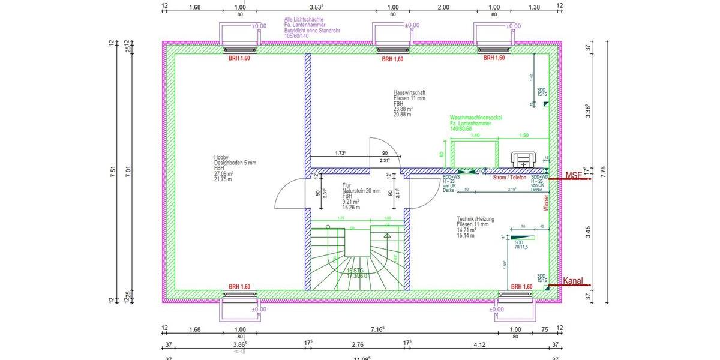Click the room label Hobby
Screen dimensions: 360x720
[221, 157]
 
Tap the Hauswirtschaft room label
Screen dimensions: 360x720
[410, 92]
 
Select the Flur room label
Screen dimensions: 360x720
[347, 185]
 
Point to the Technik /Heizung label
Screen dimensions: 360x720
[475, 220]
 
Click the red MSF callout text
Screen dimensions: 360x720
[574, 175]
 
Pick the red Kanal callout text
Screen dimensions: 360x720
[573, 281]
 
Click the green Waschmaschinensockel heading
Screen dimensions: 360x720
[476, 118]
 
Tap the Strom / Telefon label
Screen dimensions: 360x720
[509, 178]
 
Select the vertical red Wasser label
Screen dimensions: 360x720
[546, 202]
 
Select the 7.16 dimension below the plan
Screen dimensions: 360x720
[377, 329]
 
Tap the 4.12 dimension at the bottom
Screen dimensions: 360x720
[479, 344]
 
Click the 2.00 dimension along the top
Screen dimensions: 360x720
[443, 8]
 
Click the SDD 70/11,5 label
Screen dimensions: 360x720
[520, 244]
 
